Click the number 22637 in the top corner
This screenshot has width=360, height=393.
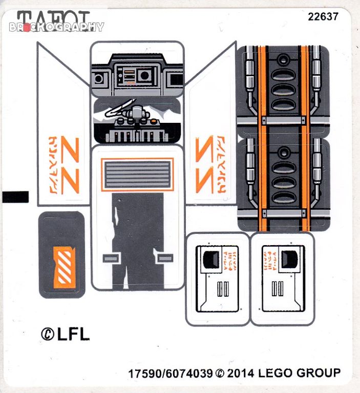click(x=323, y=16)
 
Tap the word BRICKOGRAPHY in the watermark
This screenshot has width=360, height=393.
click(x=56, y=27)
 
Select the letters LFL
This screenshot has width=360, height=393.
click(x=74, y=334)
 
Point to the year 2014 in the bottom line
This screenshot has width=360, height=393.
click(x=241, y=374)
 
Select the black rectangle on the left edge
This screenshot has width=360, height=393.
click(x=15, y=196)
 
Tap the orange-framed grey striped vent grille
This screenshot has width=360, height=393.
click(x=137, y=174)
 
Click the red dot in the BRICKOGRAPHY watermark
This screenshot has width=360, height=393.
click(x=27, y=27)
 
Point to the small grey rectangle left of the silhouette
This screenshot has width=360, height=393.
click(x=111, y=258)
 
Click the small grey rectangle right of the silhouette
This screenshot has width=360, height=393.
click(x=164, y=258)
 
